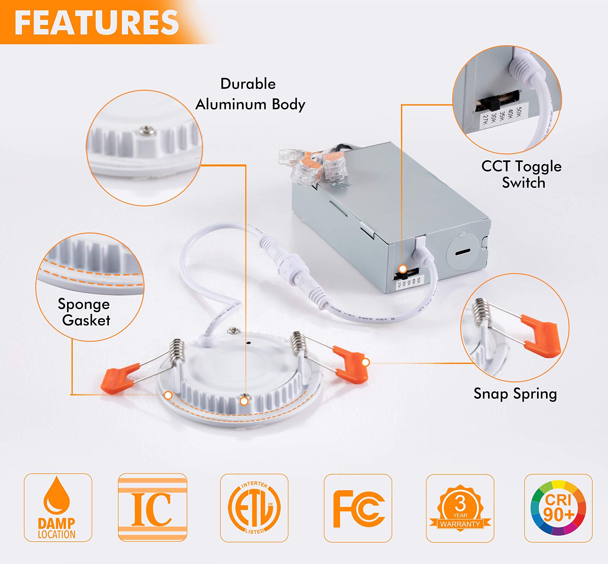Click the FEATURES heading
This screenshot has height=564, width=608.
96,22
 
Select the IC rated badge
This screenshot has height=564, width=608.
152,507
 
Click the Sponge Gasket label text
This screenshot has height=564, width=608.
85,312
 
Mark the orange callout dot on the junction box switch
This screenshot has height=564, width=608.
403,269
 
